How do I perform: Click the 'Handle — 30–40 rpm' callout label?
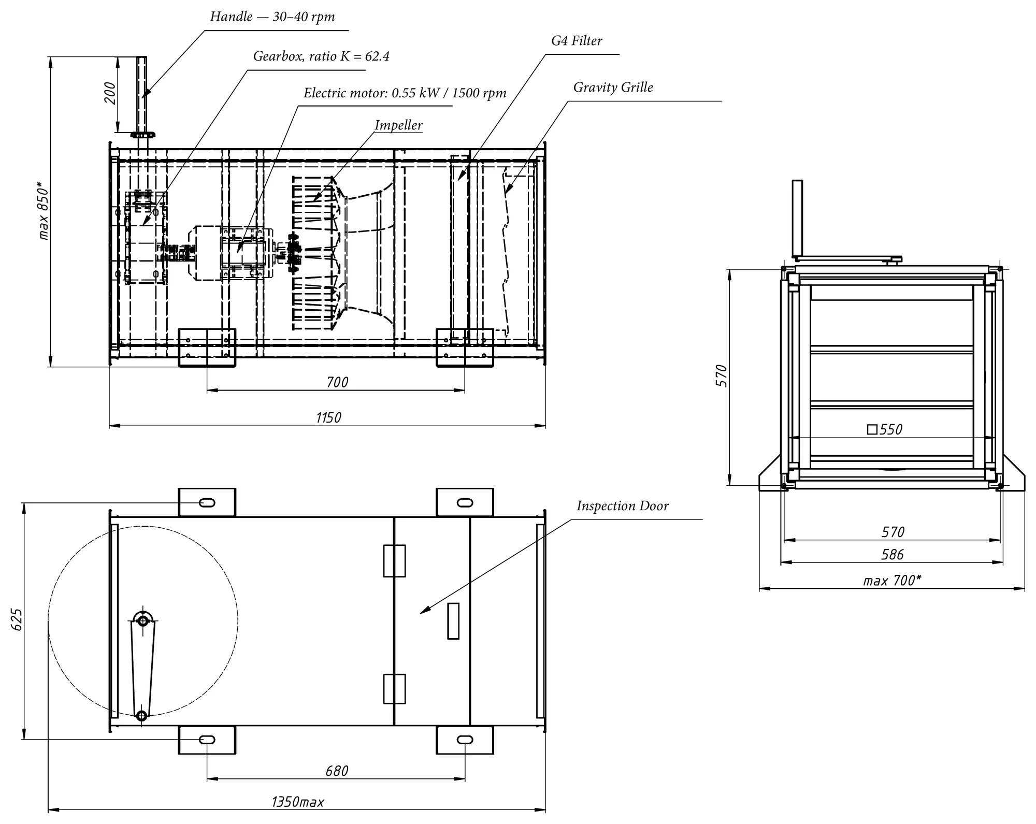(x=272, y=17)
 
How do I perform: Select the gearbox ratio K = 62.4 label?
(x=321, y=56)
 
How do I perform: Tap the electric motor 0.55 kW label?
(x=405, y=93)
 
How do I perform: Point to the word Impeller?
(x=398, y=125)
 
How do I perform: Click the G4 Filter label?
(x=577, y=40)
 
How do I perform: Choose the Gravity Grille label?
(x=613, y=87)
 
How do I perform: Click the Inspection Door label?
(x=623, y=505)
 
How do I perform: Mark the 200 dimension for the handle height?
(x=110, y=93)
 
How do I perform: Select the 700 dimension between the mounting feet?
(x=337, y=382)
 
